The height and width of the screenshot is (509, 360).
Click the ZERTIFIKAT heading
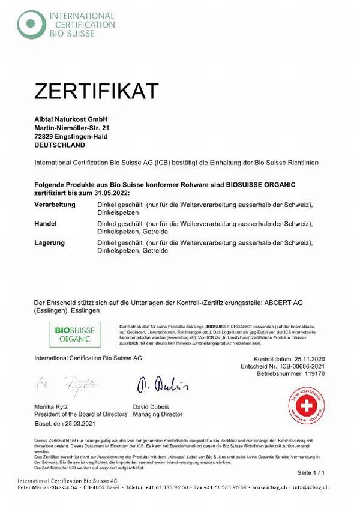pyautogui.click(x=97, y=91)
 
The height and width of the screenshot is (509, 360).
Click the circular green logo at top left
pyautogui.click(x=31, y=24)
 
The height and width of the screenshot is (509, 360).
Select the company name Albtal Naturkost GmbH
pyautogui.click(x=70, y=119)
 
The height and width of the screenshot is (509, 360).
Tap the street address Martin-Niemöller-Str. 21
pyautogui.click(x=73, y=128)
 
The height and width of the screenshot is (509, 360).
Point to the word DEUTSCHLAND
pyautogui.click(x=60, y=145)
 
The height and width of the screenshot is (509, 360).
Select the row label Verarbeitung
pyautogui.click(x=55, y=205)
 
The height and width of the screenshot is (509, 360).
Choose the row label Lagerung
pyautogui.click(x=50, y=242)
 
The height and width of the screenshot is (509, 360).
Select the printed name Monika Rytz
pyautogui.click(x=54, y=407)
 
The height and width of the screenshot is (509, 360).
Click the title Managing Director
pyautogui.click(x=158, y=414)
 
